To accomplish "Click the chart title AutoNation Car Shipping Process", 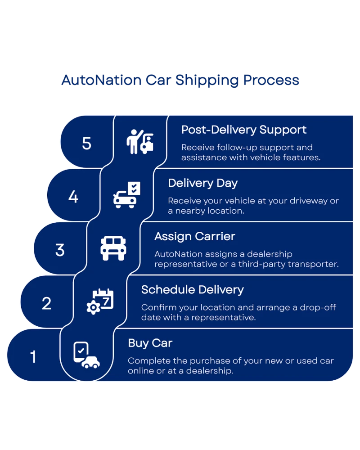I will pos(180,81).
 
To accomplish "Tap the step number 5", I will pos(87,143).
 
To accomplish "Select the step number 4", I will pos(73,197).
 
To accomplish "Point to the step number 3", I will pos(60,250).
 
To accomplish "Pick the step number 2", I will pos(47,304).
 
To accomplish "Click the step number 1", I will pos(33,357).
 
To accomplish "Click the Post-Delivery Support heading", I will pos(243,130).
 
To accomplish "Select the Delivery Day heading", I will pos(202,183).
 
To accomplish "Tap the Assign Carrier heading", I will pos(194,236).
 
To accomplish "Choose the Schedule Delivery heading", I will pos(192,290).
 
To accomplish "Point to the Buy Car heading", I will pos(150,343).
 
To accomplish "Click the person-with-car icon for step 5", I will pos(140,142).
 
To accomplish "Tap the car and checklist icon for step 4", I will pos(127,195).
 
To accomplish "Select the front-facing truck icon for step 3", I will pos(113,248).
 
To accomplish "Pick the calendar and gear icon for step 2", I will pos(100,301).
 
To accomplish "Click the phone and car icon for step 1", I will pos(86,355).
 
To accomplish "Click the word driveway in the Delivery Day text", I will pos(309,201).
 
